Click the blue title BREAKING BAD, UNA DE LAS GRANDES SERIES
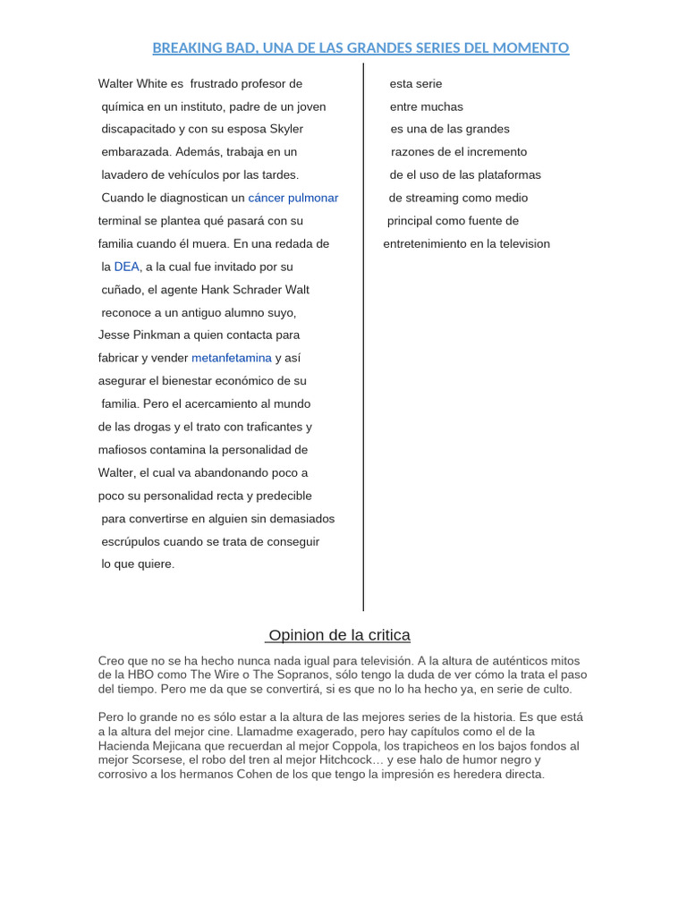pos(360,47)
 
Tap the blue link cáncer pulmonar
pos(293,198)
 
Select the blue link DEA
pos(127,267)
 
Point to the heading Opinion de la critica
pos(339,635)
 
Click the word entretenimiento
pos(429,244)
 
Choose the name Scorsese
pos(156,759)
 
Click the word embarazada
pos(134,152)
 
